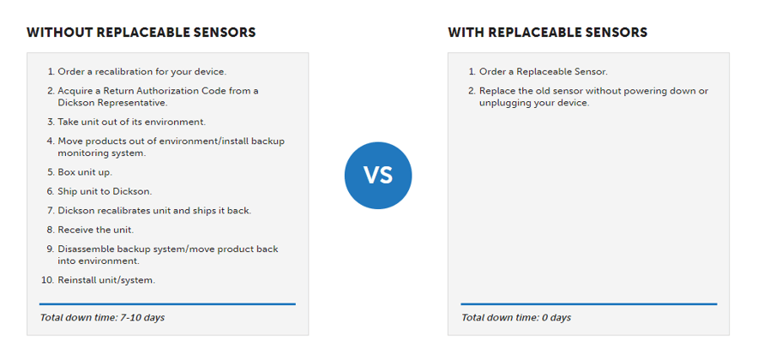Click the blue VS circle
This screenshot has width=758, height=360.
coord(378,176)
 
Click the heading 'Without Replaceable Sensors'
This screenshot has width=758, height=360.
coord(141,33)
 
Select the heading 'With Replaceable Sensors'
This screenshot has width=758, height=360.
coord(548,33)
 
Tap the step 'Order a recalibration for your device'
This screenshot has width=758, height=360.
coord(142,72)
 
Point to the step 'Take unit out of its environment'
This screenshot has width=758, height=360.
coord(132,123)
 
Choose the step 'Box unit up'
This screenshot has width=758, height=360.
coord(85,172)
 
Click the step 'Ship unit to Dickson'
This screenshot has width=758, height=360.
coord(105,192)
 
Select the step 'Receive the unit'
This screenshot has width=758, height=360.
coord(96,230)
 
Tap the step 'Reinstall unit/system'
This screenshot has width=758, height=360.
coord(107,280)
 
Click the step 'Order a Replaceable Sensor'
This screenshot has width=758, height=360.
coord(544,72)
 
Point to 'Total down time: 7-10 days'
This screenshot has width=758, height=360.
coord(103,318)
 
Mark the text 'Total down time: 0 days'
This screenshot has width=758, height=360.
coord(516,318)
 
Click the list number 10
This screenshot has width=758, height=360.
coord(47,280)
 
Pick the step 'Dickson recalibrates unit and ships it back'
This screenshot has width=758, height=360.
coord(154,211)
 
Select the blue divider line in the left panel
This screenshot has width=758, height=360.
coord(167,304)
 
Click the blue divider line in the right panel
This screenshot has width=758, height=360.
coord(589,304)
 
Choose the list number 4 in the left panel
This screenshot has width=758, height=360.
coord(50,141)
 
